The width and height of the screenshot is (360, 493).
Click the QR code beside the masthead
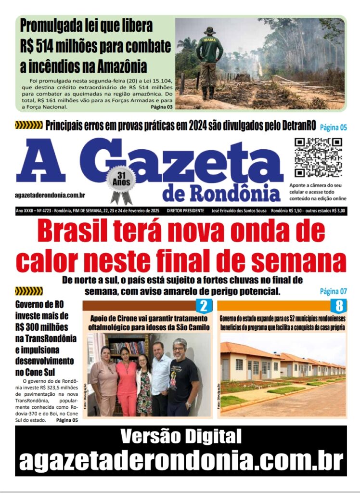pos(318,157)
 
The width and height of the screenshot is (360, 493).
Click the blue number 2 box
pos(204,305)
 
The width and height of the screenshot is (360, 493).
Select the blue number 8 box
pos(339,305)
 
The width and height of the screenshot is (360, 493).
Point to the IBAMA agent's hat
pos(210,31)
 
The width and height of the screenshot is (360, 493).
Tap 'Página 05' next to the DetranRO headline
pos(334,128)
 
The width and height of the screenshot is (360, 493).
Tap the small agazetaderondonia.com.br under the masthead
pos(50,195)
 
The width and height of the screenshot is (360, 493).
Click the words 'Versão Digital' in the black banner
pos(180,437)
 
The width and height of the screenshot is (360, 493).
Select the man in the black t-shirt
pos(183,378)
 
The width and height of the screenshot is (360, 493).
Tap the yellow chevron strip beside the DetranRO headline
pos(29,126)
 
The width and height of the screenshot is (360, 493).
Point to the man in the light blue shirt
pos(161,378)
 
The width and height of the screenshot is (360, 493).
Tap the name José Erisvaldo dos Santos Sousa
pos(239,211)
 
